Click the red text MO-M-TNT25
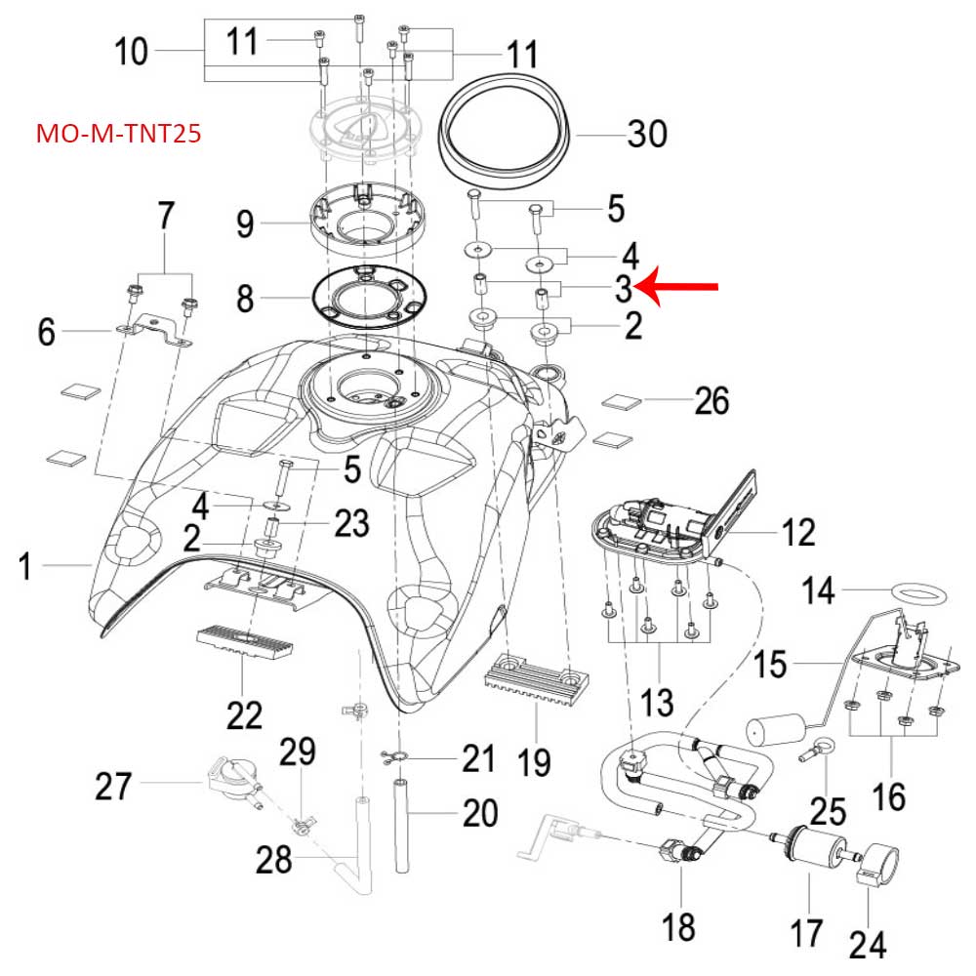pyautogui.click(x=118, y=133)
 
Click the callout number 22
pyautogui.click(x=244, y=715)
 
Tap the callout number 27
pyautogui.click(x=114, y=785)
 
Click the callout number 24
pyautogui.click(x=868, y=943)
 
